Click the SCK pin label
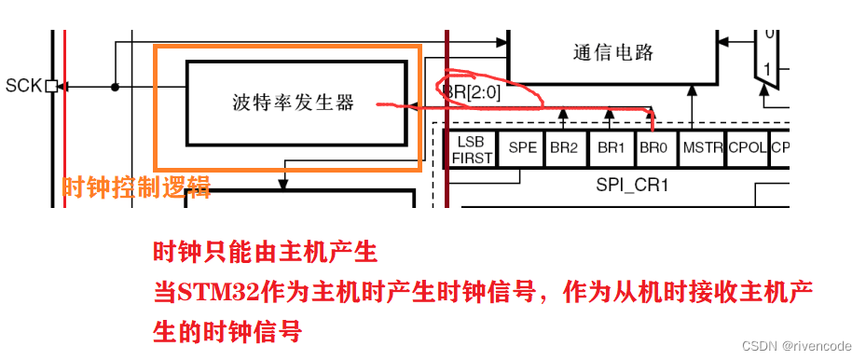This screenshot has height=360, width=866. coord(23,87)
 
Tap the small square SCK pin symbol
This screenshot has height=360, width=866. coord(51,87)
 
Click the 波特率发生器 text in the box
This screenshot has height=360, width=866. coord(294,103)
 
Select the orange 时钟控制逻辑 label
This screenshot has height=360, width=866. coord(136,188)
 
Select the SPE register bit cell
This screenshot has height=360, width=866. coord(522,148)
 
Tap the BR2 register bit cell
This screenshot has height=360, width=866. coord(563,148)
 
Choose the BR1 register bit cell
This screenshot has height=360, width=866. coord(610,148)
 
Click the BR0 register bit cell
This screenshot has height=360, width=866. coord(653,148)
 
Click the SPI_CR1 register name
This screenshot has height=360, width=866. coord(633,185)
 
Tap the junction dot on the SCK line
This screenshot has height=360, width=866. coord(115,87)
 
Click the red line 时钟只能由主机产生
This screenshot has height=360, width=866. coord(265,252)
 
